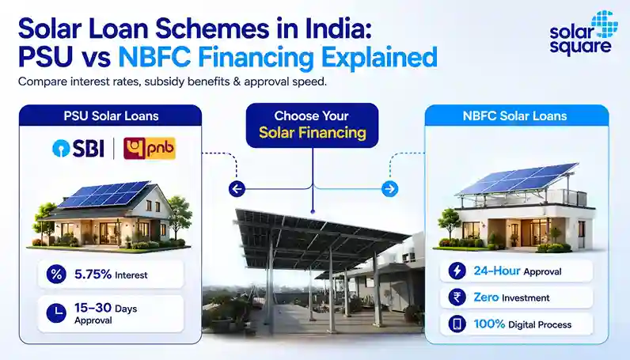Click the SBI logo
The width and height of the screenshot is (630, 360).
point(78,148)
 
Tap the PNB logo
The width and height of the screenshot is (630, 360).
point(150,148)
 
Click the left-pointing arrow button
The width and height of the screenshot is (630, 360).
point(237,188)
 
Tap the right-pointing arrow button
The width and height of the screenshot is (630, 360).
point(389,188)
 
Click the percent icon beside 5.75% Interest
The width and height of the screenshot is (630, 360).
point(56,275)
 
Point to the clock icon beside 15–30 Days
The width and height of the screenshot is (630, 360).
point(56,313)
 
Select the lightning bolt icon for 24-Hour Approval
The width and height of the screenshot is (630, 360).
point(457,271)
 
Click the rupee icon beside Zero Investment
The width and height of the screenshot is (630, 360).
point(457,297)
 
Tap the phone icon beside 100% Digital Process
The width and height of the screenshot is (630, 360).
point(457,324)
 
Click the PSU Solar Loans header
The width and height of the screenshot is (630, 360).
point(111,116)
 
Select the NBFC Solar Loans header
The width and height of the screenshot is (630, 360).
point(514,116)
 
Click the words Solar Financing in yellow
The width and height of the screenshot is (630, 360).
point(312,133)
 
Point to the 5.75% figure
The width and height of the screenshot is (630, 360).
point(93,274)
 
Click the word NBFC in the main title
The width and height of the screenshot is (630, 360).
point(154,57)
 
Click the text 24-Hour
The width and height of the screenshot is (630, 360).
point(497,271)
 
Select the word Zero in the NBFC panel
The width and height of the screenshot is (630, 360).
point(486,297)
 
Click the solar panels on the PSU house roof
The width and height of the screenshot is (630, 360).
point(104,194)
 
